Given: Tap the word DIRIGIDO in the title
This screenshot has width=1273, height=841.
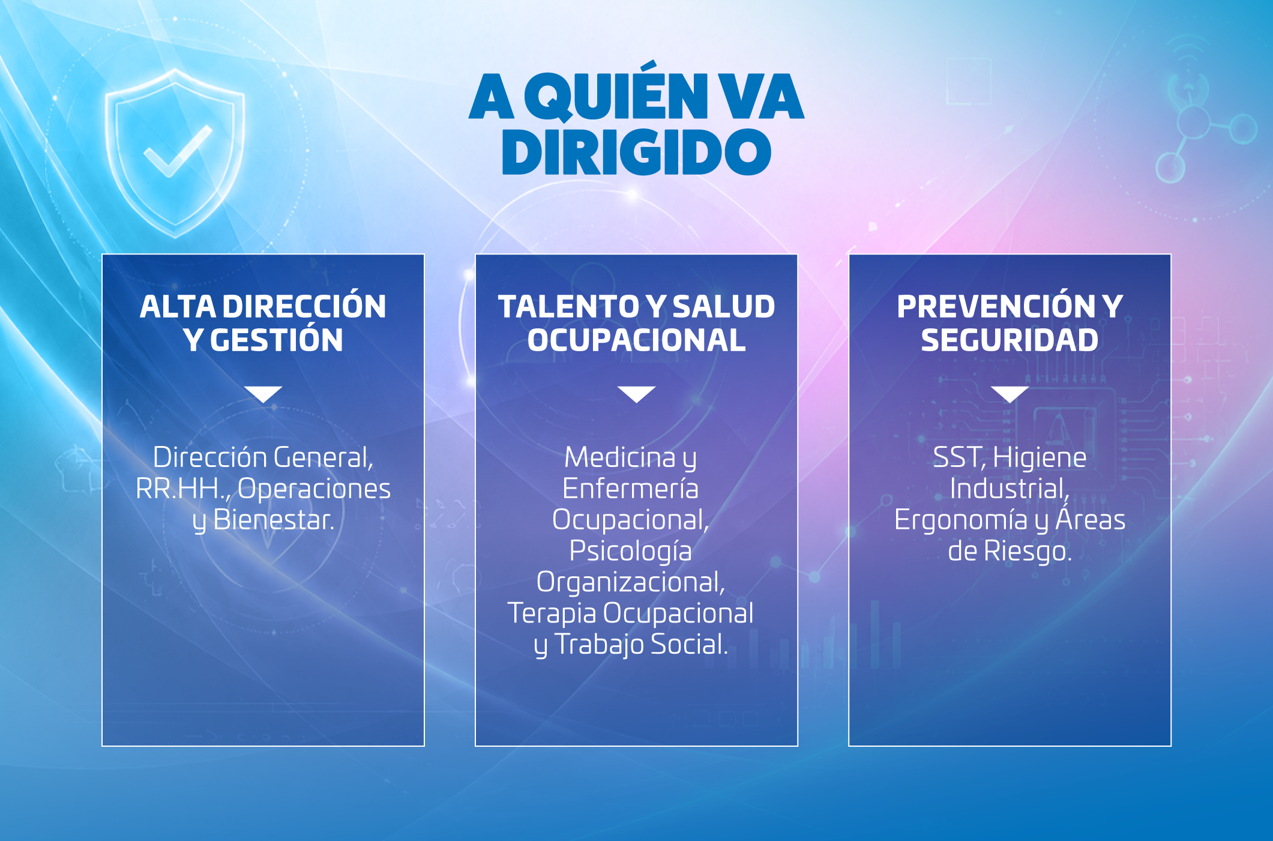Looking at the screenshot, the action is (636, 152).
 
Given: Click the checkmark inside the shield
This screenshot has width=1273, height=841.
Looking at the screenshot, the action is (178, 151).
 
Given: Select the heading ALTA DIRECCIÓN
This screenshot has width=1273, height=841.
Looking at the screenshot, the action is (263, 306).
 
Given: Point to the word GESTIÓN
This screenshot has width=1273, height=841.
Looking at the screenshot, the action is (277, 340).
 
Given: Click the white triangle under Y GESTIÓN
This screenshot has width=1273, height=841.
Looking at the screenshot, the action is (263, 394).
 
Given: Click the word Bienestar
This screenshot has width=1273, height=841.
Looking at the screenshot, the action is (273, 520).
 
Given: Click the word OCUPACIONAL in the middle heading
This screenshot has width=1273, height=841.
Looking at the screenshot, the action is (636, 340).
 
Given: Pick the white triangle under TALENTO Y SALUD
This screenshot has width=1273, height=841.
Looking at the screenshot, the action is (636, 394).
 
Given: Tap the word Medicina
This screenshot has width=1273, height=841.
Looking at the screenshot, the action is (620, 457).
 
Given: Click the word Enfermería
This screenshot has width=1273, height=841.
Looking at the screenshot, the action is (630, 489).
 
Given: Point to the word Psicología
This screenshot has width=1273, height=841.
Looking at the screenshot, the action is (630, 552).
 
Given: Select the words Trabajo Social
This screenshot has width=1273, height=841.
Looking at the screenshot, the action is (640, 644).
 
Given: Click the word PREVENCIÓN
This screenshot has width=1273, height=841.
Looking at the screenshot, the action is (996, 306).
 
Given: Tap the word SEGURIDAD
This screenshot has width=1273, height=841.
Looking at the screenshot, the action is (1010, 340).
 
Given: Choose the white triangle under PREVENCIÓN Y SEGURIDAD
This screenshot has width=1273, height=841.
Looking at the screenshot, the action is (1010, 394).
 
